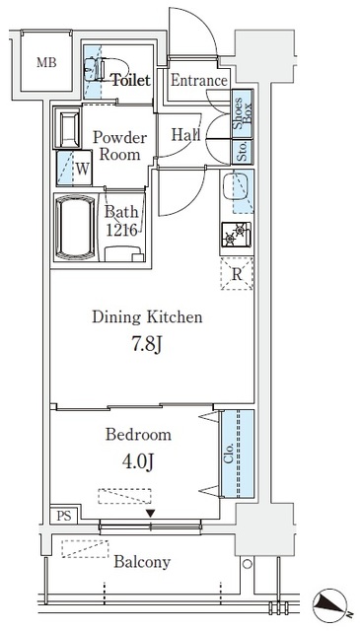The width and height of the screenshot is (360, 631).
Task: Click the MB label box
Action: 45,63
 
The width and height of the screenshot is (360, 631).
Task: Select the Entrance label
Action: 199,81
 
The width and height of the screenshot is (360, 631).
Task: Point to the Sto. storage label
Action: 242,151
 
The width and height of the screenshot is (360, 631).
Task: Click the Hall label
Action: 186,135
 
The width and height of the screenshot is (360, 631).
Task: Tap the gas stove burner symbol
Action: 237,237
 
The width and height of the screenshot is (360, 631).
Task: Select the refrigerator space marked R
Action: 237,274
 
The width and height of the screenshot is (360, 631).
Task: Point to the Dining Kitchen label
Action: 147,317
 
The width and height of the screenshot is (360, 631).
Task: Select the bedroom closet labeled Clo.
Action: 230,455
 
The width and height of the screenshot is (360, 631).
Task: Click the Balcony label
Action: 142,562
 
